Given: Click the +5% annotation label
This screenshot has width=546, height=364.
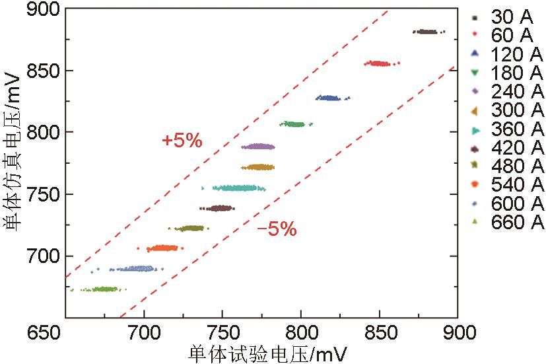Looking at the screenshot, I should pos(182,141).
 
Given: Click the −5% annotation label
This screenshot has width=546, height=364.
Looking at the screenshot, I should pos(277,229).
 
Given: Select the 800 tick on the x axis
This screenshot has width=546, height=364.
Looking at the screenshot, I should pos(301,330).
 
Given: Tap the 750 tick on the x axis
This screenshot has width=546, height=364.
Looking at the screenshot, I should pos(222,330).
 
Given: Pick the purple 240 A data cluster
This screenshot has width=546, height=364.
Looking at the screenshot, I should pos(257,147).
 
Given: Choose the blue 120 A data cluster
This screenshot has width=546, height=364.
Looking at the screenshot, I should pos(329,98).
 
